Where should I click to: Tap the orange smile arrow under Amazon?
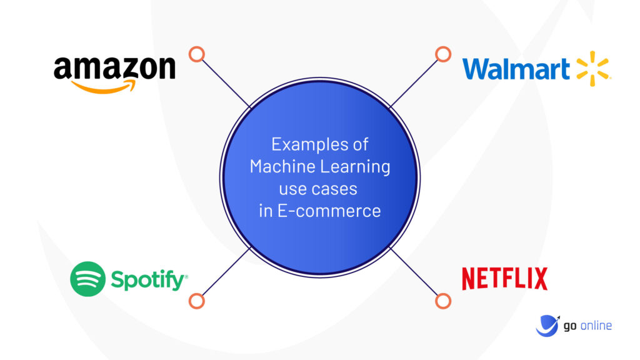[104, 87]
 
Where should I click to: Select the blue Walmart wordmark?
[516, 69]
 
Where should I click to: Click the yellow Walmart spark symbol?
[592, 69]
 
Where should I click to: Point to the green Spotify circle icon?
[87, 279]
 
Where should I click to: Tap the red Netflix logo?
[504, 279]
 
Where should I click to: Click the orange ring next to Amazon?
[197, 54]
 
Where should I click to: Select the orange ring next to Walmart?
[443, 54]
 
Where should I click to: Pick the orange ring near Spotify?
[197, 301]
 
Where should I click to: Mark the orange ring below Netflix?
[443, 301]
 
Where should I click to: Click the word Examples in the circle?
[302, 145]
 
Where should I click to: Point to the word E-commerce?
[329, 211]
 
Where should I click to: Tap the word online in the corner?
[596, 326]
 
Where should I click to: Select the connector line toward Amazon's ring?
[226, 84]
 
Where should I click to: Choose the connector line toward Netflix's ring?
[414, 271]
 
